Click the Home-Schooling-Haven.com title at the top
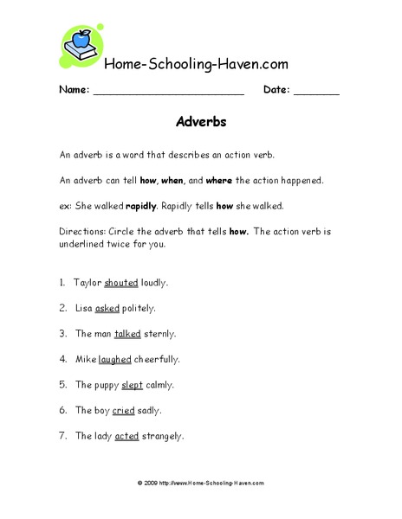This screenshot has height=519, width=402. point(196,64)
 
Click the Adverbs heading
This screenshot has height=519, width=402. point(201,122)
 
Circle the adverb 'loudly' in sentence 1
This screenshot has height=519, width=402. point(154,282)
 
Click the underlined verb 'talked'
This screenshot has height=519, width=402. point(127,333)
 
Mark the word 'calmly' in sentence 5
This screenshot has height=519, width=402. point(159,384)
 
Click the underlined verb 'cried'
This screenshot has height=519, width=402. point(123,410)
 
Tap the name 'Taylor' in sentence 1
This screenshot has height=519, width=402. point(88,282)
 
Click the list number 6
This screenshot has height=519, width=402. point(63,410)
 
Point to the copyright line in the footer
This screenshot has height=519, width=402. point(201,483)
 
